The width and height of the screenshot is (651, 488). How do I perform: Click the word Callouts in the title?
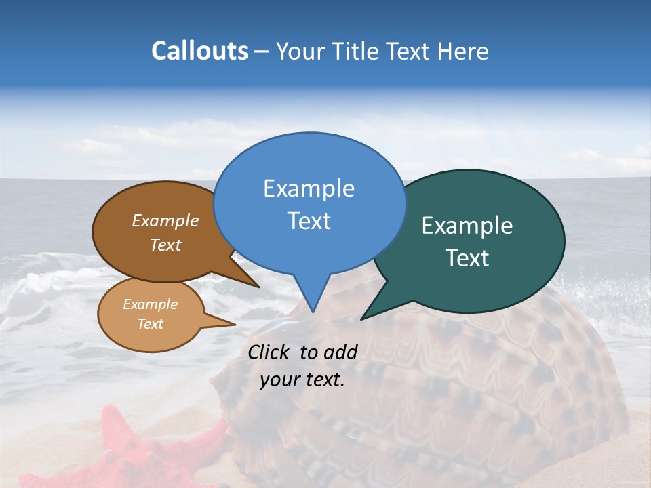pos(199,51)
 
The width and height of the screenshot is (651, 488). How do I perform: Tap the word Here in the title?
pos(463,51)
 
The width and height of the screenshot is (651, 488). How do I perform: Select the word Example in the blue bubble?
pos(309,188)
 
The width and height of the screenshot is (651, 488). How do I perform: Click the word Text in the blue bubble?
pos(309,221)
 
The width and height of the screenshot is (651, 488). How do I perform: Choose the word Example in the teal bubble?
pos(467,226)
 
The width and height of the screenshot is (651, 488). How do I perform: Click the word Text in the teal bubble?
pos(467,258)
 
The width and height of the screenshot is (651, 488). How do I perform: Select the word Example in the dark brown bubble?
pos(165,221)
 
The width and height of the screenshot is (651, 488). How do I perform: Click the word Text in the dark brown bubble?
pos(165,245)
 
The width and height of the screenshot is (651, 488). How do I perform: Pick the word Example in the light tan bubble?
pos(150,304)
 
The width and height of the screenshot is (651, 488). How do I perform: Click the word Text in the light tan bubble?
pos(150,324)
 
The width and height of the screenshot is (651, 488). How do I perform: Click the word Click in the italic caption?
pos(270,352)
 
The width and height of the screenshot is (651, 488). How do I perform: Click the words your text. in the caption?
pos(302,380)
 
